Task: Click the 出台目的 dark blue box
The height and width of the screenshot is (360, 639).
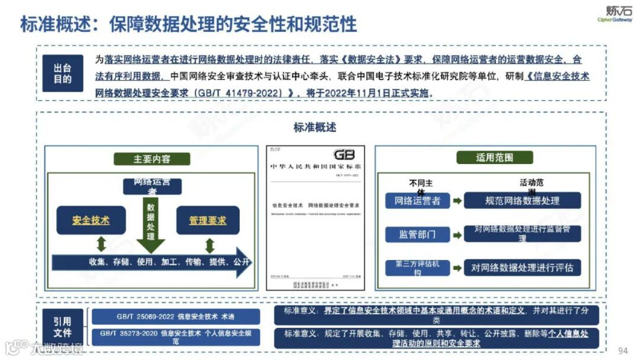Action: click(62, 73)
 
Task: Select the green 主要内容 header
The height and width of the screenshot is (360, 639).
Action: click(152, 159)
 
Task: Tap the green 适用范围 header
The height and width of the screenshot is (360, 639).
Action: click(495, 157)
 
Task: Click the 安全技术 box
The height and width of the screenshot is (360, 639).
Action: click(91, 220)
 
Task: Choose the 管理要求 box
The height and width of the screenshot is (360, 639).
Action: click(208, 220)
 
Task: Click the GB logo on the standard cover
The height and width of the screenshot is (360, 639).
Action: click(344, 155)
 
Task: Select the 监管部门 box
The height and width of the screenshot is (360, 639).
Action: click(417, 234)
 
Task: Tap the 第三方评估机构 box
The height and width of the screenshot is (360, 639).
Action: click(417, 268)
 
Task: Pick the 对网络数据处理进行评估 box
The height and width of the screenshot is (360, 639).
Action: click(522, 268)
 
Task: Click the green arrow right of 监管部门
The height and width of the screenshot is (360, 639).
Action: click(457, 234)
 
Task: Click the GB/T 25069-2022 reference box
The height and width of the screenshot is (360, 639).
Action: click(175, 317)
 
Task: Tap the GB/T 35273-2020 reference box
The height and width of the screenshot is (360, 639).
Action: click(175, 337)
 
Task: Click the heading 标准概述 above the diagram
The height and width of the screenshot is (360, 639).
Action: click(315, 127)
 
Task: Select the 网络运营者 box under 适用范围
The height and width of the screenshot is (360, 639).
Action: click(417, 201)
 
